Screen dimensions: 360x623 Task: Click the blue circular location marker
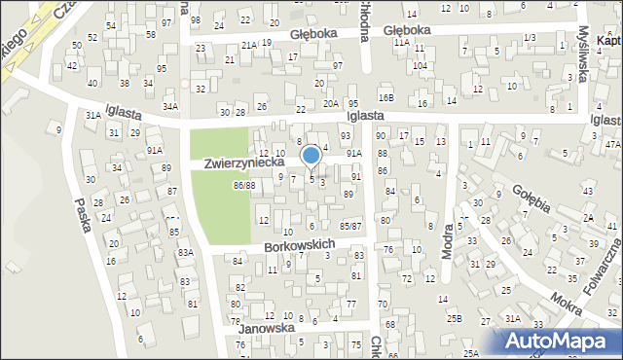pos(311,155)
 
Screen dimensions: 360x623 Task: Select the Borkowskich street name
pos(299,246)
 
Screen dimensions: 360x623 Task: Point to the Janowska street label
pos(267,329)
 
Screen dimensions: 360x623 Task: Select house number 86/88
pos(243,186)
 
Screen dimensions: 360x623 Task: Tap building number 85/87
pos(351,227)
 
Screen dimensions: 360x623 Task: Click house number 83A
pos(185,253)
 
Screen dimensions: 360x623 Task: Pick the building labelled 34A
pos(170,106)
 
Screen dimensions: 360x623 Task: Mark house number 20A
pos(331,104)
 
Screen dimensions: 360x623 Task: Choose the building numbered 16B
pos(386,98)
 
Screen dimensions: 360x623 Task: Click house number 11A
pos(401,43)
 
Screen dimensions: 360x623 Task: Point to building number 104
pos(420,65)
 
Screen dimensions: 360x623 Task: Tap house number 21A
pos(249,45)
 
